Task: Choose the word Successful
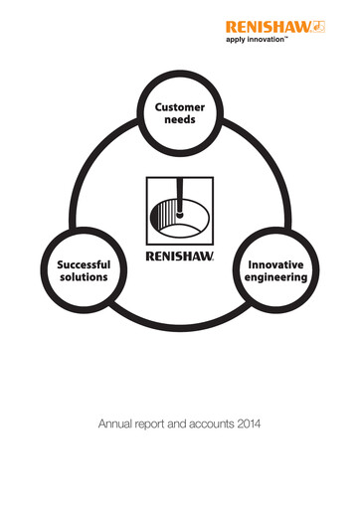click(x=83, y=266)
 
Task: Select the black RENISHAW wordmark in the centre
click(x=180, y=254)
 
